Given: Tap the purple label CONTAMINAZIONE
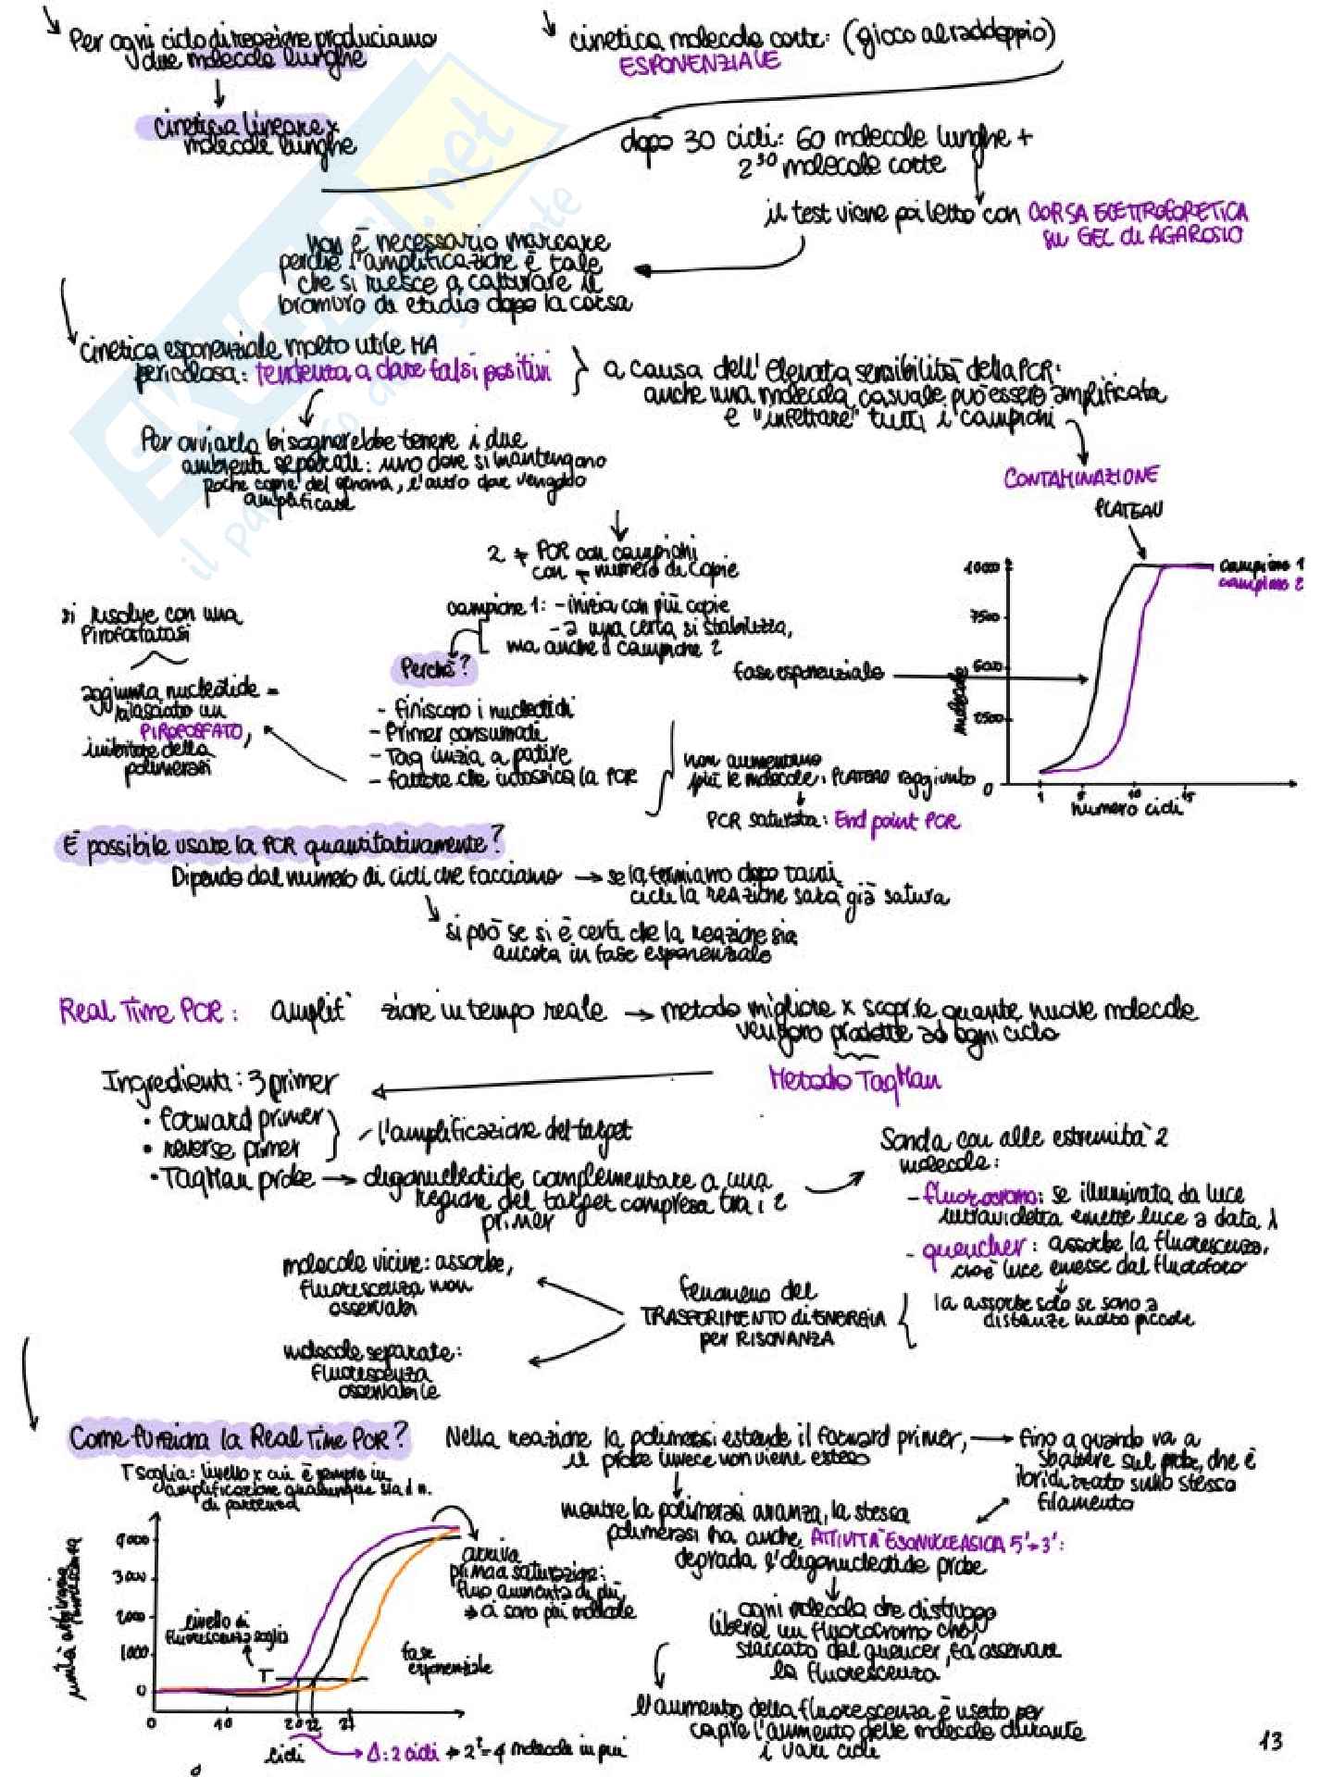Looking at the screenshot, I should point(1080,478).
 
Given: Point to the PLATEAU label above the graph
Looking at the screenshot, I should point(1128,509).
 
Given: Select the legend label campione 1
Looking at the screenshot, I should point(1261,565).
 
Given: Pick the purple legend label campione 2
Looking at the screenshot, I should point(1261,584).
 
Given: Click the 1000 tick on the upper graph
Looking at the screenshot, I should point(980,567).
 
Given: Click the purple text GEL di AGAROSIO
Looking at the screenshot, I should point(1141,238).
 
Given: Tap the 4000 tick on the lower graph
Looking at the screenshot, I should point(131,1540).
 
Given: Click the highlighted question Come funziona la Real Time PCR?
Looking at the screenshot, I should point(238,1437).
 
